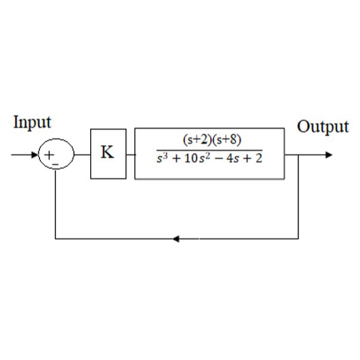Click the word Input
pos(32,122)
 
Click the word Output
pos(322,127)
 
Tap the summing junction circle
pos(56,155)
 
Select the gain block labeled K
pos(108,153)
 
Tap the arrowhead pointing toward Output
pos(328,155)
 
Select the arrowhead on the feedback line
pos(176,239)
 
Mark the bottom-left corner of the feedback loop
pos(56,239)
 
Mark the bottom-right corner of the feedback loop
pos(299,239)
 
